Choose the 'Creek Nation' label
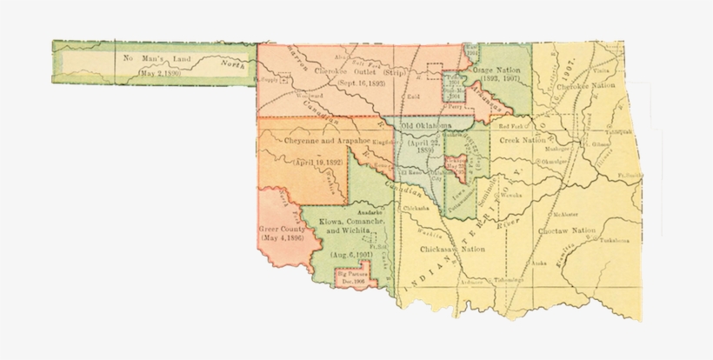[x=524, y=139]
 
